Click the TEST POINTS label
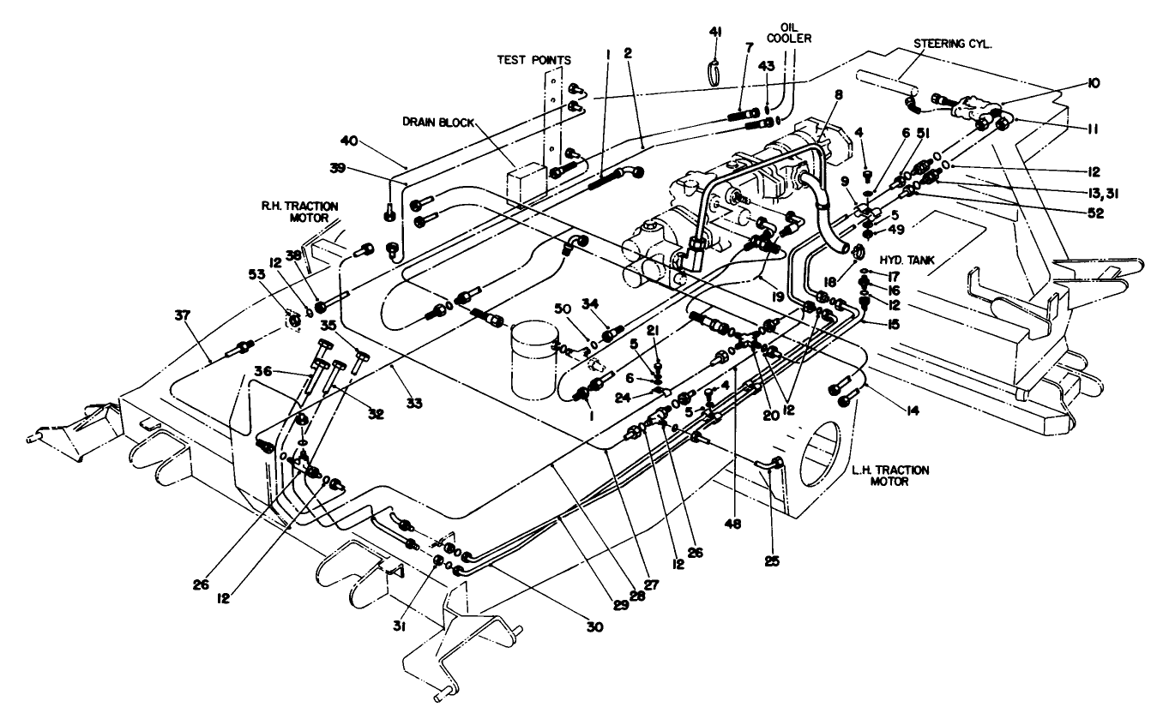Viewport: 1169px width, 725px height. point(534,60)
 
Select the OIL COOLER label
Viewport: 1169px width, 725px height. point(796,32)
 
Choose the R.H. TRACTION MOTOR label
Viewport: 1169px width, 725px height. point(299,211)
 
